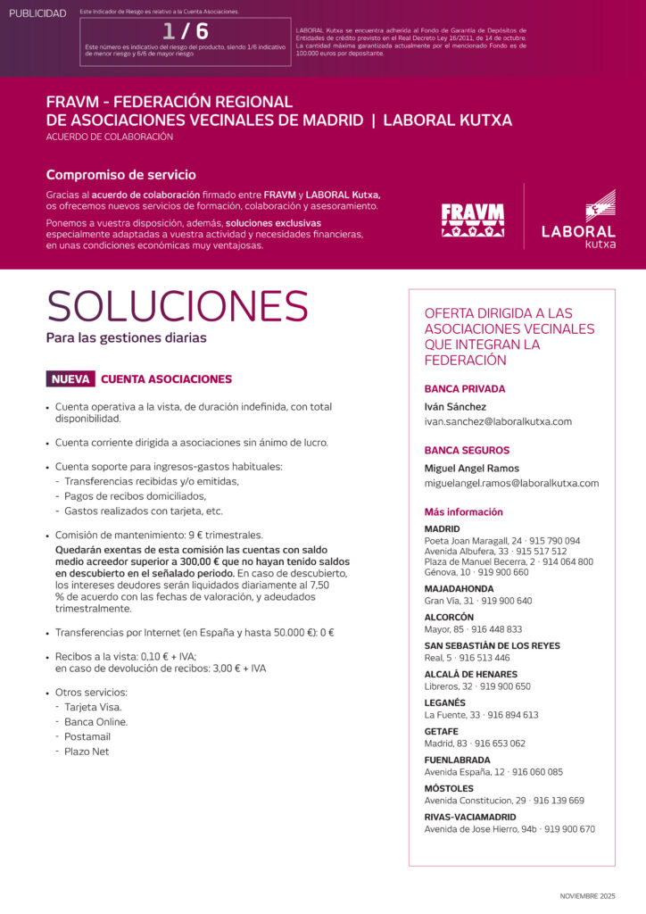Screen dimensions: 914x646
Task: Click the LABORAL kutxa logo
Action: point(578,220)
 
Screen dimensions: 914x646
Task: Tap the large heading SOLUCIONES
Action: point(178,306)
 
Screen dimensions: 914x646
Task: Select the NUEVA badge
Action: point(70,379)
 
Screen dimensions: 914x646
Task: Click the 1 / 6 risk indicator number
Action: point(186,31)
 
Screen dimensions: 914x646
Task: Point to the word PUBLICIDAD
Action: point(37,13)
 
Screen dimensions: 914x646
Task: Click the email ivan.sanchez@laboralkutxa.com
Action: point(498,421)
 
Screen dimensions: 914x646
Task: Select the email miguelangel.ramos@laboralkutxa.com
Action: point(511,483)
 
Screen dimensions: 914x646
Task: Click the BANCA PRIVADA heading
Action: point(465,389)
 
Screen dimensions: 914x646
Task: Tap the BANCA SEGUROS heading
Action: point(467,451)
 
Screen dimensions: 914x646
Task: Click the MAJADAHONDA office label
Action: point(459,589)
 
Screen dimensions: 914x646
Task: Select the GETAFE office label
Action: point(442,732)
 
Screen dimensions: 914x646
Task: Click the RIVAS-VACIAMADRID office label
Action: point(470,817)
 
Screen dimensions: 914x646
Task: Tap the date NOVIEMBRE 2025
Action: point(588,895)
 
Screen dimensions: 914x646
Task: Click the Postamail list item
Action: point(87,736)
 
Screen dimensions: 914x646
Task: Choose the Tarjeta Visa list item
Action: point(93,707)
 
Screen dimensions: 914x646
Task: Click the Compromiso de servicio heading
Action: point(120,175)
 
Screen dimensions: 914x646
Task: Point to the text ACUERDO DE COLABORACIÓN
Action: point(110,137)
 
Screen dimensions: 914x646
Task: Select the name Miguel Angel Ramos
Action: point(471,469)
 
